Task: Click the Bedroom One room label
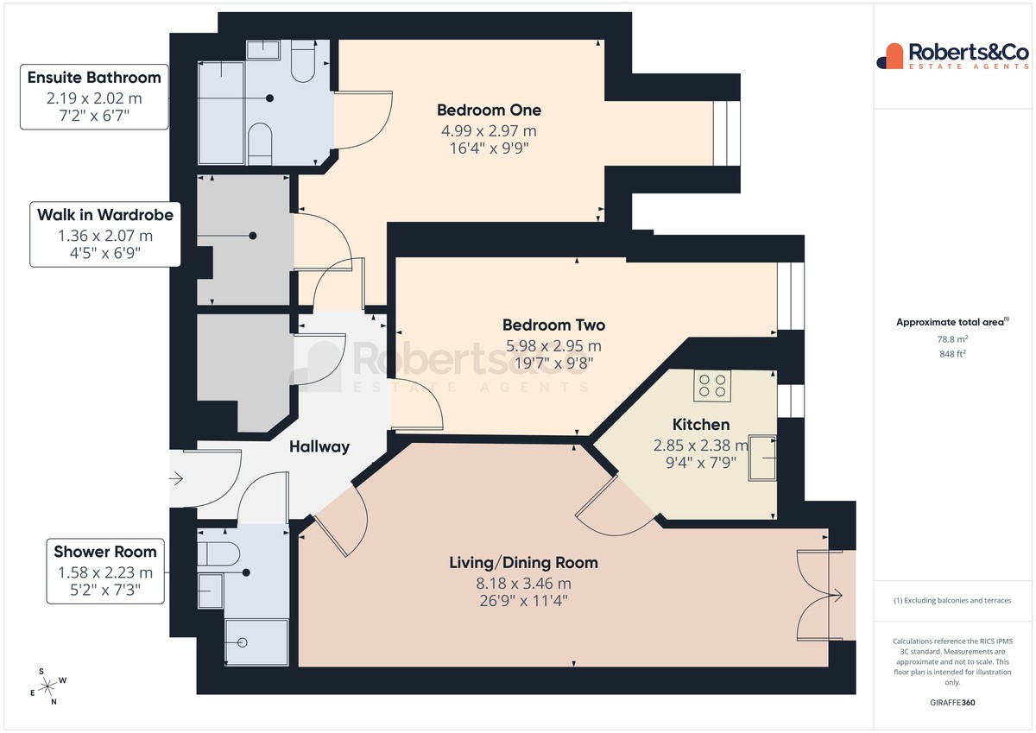pos(489,110)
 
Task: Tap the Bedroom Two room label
pos(553,325)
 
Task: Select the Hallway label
pos(319,446)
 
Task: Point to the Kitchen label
pos(701,425)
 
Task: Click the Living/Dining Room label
pos(523,563)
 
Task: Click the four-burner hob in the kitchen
pos(712,386)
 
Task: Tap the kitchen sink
pos(762,458)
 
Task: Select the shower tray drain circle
pos(243,642)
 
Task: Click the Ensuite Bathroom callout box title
pos(94,78)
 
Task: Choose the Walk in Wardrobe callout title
pos(105,215)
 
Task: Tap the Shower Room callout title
pos(105,552)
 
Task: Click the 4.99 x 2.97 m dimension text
pos(489,131)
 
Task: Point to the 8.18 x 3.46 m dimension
pos(523,584)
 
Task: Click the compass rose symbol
pos(48,686)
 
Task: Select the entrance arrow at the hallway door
pos(177,478)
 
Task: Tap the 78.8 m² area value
pos(952,339)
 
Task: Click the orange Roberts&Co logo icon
pos(890,56)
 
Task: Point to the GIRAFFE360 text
pos(952,703)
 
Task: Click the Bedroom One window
pos(726,133)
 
